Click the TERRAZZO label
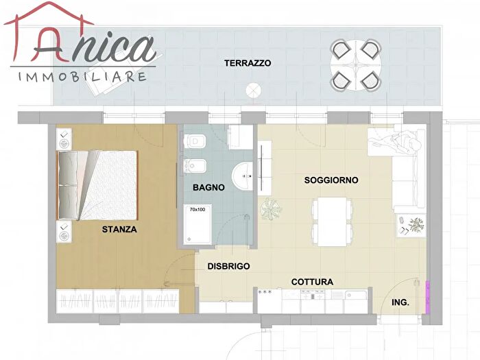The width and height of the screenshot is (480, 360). pos(248,63)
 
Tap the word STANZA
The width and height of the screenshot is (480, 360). pos(119,230)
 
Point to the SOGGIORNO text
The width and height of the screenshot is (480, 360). pos(331,180)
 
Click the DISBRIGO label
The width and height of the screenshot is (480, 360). pos(228,266)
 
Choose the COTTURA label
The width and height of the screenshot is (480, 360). pos(312,282)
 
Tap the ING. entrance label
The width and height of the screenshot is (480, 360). pos(400,301)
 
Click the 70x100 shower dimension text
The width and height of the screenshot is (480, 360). pos(198,209)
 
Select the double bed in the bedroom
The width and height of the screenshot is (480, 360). pos(98,185)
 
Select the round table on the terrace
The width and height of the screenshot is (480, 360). pos(356,66)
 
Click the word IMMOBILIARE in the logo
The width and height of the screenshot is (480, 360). pos(82,75)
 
